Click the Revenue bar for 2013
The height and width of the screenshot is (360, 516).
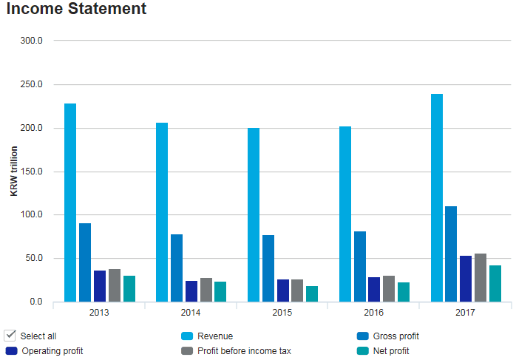coord(70,203)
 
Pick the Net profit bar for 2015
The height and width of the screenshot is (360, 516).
coord(312,293)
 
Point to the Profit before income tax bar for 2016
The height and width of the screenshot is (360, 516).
coord(389,288)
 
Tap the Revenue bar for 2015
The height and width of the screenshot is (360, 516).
coord(254,214)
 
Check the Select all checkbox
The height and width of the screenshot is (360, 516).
coord(10,336)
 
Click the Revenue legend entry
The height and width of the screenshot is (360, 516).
coord(214,336)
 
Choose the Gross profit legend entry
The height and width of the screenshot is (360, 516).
coord(396,336)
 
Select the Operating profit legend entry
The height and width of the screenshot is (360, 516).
coord(52,351)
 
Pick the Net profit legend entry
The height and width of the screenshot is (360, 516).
coord(391,351)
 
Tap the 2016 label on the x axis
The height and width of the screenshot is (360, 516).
coord(373,313)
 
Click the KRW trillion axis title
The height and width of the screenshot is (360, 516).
coord(14,171)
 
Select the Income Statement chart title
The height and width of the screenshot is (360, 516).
coord(76,10)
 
